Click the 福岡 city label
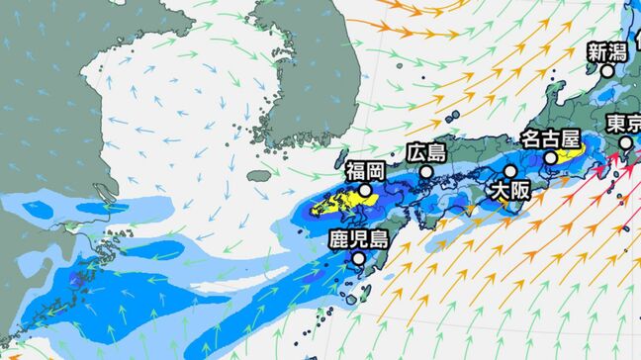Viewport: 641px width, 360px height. (x=366, y=170)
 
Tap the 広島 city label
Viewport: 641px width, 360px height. (x=425, y=152)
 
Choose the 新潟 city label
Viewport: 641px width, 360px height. (x=608, y=51)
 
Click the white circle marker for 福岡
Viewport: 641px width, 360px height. (x=366, y=190)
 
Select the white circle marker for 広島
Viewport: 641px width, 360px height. (x=426, y=171)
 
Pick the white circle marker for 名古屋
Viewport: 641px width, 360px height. (x=550, y=158)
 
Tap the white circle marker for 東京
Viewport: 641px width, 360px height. (x=625, y=142)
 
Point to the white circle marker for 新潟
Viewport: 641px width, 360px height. (x=608, y=71)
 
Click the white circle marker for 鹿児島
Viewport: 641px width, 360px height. (x=357, y=259)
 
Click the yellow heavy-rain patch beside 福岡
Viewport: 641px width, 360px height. (x=336, y=205)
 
